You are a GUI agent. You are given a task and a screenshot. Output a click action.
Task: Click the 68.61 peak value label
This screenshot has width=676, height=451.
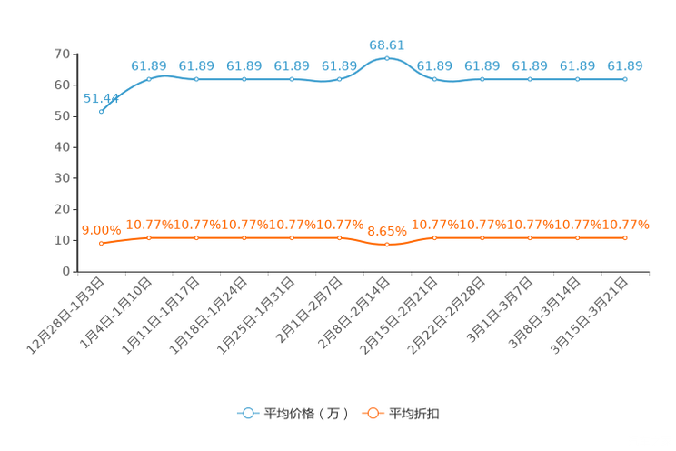coord(386,45)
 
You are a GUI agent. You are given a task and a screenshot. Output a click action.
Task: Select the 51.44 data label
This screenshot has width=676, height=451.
coord(101,98)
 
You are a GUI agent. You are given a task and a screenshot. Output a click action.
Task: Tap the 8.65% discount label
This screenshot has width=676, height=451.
coord(387,231)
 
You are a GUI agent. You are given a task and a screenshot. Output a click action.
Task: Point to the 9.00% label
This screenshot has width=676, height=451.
coord(102,230)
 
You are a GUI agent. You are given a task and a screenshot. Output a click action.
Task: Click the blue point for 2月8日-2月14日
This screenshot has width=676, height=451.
coord(387,58)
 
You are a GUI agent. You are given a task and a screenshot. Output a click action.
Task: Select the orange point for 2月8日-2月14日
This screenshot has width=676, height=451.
coord(387,245)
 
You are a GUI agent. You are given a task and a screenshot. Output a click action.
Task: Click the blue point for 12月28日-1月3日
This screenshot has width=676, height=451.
coord(102,111)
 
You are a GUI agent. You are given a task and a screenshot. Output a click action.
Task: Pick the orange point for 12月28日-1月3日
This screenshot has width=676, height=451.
coord(102,244)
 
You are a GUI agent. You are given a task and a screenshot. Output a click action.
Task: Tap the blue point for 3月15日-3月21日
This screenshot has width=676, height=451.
coord(625,79)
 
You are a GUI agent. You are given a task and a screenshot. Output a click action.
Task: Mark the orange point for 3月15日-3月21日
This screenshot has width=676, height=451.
coord(625,238)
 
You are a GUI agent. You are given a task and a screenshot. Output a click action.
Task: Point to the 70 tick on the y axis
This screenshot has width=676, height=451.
coord(62,54)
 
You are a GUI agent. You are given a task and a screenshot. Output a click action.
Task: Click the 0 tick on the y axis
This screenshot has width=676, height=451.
coord(66,271)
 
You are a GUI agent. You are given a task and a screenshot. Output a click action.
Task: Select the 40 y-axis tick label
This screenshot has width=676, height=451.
coord(62,147)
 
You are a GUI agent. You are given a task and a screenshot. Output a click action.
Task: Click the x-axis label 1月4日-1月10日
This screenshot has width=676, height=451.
coord(116,313)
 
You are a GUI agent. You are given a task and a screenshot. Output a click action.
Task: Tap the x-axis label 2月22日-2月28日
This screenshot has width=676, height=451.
coord(447,316)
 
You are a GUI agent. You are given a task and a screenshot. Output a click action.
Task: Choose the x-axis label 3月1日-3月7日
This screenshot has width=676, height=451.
coord(500,310)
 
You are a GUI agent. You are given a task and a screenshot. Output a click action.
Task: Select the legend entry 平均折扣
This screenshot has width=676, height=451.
coord(401,414)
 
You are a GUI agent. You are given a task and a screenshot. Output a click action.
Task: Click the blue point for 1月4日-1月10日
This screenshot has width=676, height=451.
coord(149,79)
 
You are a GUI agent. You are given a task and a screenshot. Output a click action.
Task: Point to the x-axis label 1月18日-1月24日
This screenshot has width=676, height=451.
coord(209,316)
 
